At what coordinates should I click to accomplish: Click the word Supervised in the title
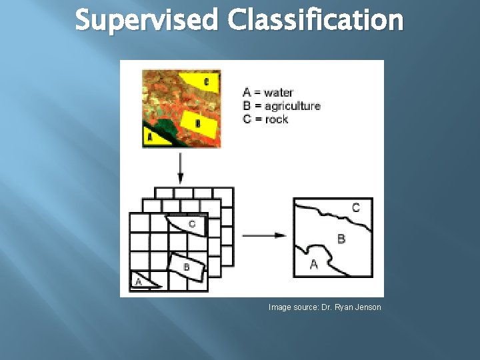point(146,20)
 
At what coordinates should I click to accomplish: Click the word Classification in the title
point(315,20)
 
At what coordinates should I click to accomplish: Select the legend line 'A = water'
point(268,93)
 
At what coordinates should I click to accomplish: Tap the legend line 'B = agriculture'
point(281,106)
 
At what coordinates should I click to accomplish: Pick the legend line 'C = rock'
point(265,119)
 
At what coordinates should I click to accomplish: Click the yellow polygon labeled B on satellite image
point(198,123)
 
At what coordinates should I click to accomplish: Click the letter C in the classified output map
point(355,208)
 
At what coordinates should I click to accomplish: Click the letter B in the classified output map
point(341,238)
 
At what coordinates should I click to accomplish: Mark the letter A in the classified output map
point(314,265)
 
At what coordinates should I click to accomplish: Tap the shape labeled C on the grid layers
point(191,225)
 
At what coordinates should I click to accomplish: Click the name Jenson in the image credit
point(367,307)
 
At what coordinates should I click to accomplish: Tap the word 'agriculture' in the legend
point(292,106)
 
